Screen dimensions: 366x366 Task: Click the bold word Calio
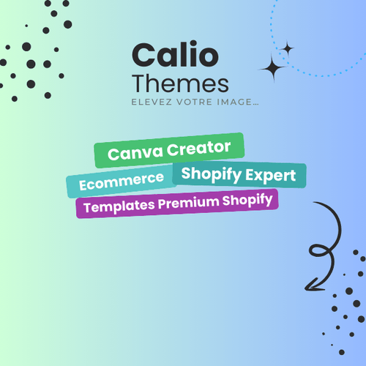coord(175,54)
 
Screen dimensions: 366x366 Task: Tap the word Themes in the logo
coord(180,83)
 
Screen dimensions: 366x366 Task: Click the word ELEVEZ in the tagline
coord(152,102)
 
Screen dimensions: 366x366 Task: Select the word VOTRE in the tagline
coord(195,102)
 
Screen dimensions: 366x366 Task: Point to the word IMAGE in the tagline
coord(234,102)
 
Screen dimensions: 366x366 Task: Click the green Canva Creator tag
coord(169,150)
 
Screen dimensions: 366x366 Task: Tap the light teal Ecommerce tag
coord(122,181)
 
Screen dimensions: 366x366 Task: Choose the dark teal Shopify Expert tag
coord(239,175)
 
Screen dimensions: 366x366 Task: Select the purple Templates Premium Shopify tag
coord(177,203)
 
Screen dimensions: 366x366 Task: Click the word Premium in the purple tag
coord(189,203)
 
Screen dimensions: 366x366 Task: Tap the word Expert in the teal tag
coord(271,176)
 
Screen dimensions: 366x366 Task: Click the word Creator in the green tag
coord(198,149)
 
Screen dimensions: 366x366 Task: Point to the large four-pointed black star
coord(274,68)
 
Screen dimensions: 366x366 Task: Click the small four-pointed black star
coord(288,49)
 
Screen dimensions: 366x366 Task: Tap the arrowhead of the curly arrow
coord(312,285)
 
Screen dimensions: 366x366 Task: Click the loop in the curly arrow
coord(320,251)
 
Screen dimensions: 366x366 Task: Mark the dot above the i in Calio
coord(193,44)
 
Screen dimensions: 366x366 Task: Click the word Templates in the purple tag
coord(119,206)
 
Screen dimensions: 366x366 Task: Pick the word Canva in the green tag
coord(135,153)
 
